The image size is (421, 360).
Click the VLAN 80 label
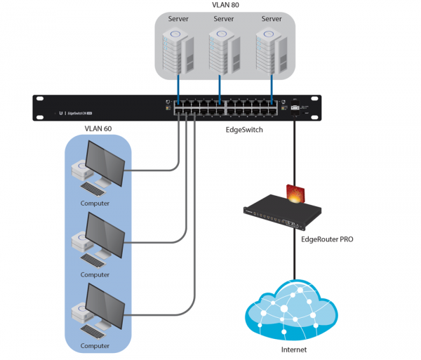(225, 5)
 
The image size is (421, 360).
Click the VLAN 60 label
(97, 129)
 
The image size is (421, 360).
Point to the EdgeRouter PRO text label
(326, 239)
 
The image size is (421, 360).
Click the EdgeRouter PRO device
(281, 213)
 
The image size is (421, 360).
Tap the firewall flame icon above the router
(295, 192)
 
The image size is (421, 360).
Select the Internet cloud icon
(295, 312)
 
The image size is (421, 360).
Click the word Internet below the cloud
(294, 349)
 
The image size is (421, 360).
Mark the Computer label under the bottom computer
(95, 346)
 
